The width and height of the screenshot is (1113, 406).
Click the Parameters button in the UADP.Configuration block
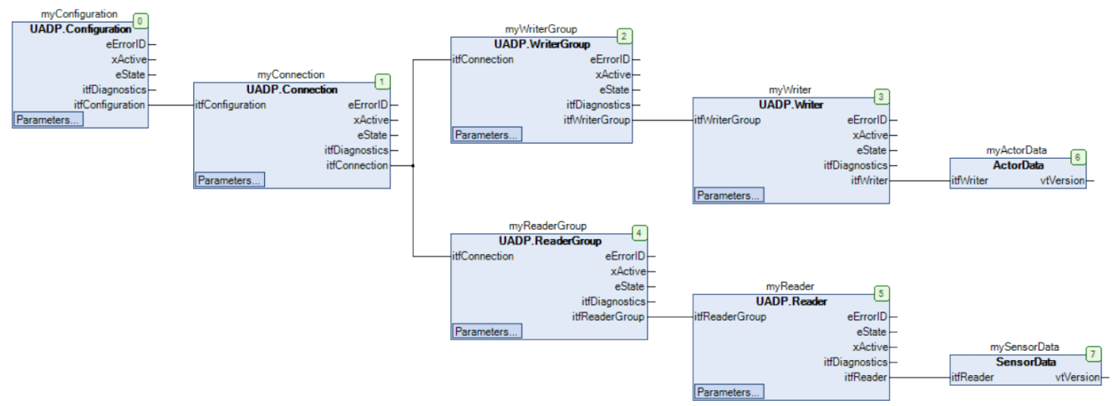pyautogui.click(x=48, y=119)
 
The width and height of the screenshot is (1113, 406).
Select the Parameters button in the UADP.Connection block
pyautogui.click(x=230, y=180)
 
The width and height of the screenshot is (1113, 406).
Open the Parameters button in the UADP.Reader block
pyautogui.click(x=728, y=392)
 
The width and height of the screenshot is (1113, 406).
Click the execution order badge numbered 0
pyautogui.click(x=140, y=20)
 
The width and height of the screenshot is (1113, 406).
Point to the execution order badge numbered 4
pyautogui.click(x=639, y=232)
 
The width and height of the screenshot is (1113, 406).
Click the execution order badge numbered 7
pyautogui.click(x=1094, y=353)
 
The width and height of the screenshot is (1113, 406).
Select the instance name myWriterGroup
pyautogui.click(x=541, y=29)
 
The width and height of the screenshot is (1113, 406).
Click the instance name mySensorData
pyautogui.click(x=1024, y=347)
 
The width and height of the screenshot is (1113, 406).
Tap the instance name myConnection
pyautogui.click(x=291, y=74)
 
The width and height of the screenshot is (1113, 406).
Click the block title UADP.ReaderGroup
pyautogui.click(x=550, y=241)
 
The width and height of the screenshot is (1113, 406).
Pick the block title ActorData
pyautogui.click(x=1019, y=165)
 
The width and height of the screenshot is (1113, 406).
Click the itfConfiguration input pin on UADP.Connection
pyautogui.click(x=231, y=105)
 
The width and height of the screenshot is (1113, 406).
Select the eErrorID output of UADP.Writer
pyautogui.click(x=867, y=120)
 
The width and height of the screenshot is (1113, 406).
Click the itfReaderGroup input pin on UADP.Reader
pyautogui.click(x=730, y=317)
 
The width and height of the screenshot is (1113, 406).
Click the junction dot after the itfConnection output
pyautogui.click(x=414, y=165)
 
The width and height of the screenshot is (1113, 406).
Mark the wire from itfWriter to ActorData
pyautogui.click(x=919, y=180)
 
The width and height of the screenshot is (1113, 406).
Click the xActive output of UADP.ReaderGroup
pyautogui.click(x=628, y=272)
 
